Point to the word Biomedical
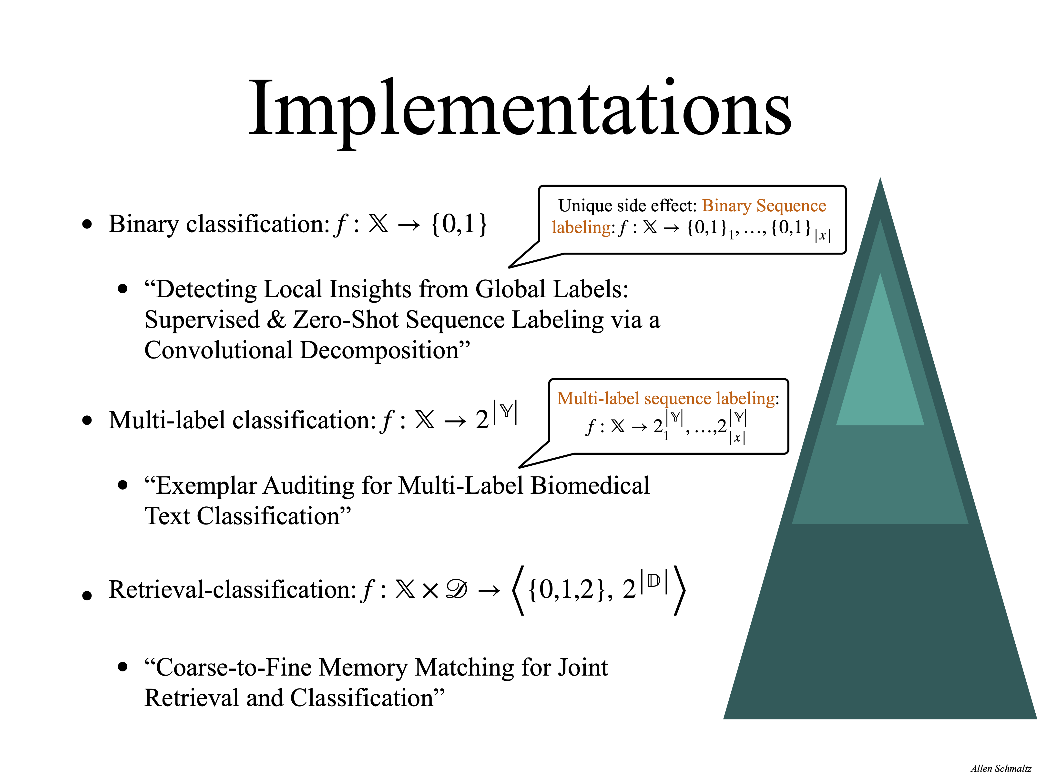[590, 486]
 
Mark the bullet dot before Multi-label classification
[87, 420]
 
